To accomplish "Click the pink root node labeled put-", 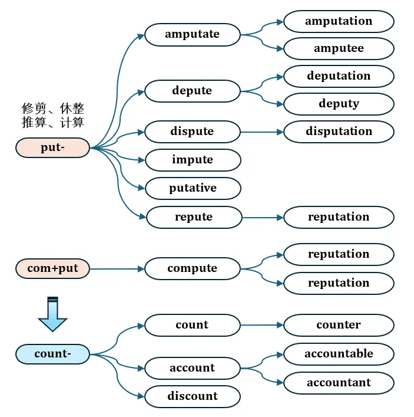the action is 52,147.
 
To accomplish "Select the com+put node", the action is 52,268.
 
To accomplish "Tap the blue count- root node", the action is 52,354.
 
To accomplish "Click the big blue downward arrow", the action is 52,314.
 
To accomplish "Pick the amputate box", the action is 193,35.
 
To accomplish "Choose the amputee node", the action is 339,49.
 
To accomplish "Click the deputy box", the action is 339,104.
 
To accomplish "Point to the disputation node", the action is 339,132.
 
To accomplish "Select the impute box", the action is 193,160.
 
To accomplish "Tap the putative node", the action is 193,188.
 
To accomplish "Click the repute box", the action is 194,217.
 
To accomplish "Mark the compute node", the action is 193,268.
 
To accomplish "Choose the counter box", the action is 339,325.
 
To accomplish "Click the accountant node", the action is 339,383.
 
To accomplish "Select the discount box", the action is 193,396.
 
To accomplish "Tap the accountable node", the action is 339,354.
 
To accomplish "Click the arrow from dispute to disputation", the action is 262,132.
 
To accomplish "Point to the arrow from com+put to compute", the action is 117,269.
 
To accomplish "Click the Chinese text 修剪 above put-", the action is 34,109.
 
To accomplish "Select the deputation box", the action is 339,76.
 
